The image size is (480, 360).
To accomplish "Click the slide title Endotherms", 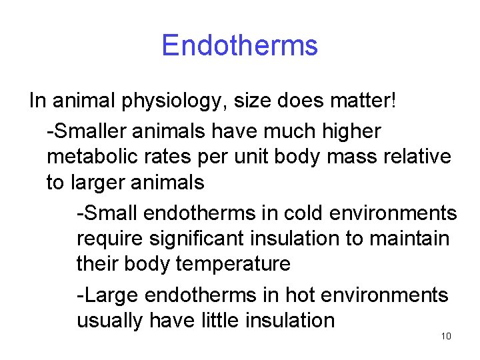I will (x=239, y=45).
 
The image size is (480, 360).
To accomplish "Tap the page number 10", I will (x=446, y=336).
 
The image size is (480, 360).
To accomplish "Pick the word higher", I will (x=351, y=131).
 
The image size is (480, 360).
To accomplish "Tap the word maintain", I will (x=409, y=238).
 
